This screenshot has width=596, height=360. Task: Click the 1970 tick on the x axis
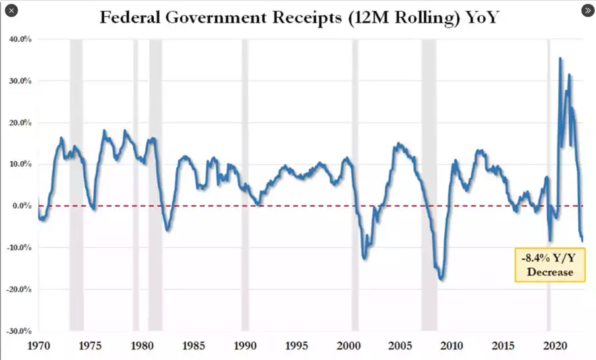click(38, 345)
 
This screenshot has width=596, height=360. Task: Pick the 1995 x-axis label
click(296, 345)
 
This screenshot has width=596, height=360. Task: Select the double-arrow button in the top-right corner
click(587, 11)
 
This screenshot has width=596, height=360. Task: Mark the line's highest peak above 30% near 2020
click(560, 59)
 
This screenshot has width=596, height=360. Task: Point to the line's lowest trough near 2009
click(441, 279)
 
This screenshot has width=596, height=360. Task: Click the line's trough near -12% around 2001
click(364, 258)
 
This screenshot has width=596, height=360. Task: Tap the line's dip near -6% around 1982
click(168, 230)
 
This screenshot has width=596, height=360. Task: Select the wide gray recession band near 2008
click(429, 185)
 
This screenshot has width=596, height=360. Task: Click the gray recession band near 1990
click(245, 185)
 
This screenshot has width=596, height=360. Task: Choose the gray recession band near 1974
click(77, 185)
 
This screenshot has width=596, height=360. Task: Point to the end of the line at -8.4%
click(583, 240)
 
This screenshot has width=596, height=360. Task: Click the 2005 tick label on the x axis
click(400, 345)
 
